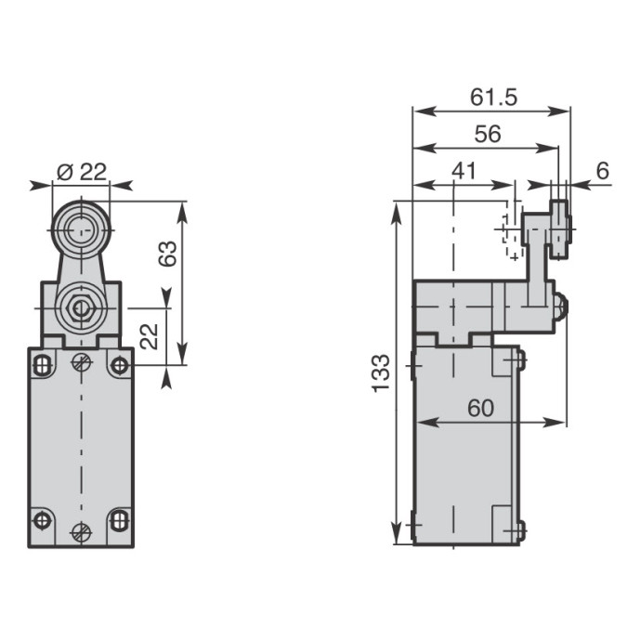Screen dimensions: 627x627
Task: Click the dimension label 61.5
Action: tap(493, 98)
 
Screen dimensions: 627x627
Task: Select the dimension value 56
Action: tap(488, 134)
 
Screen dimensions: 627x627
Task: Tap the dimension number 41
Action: tap(464, 171)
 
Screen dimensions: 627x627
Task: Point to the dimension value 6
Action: tap(603, 171)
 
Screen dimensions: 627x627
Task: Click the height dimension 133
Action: tap(380, 373)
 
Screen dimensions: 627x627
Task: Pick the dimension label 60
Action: tap(480, 408)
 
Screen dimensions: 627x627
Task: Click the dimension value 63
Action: tap(167, 254)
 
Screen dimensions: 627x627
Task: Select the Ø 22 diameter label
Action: tap(82, 172)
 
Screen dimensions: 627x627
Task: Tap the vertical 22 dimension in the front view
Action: tap(150, 336)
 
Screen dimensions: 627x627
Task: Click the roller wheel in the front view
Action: tap(81, 230)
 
